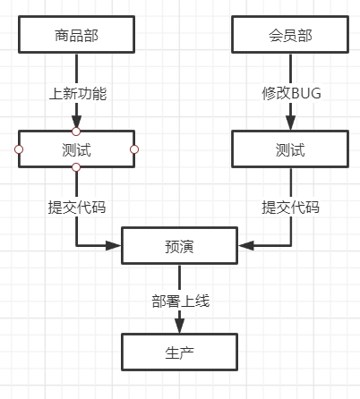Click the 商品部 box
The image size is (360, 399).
pos(76,35)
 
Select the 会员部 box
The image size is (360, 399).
pos(291,35)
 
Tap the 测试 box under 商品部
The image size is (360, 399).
pos(76,149)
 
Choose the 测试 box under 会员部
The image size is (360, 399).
pos(291,149)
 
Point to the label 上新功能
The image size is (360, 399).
pos(76,92)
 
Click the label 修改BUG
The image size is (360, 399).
pos(291,92)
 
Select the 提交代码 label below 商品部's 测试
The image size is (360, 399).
pos(76,207)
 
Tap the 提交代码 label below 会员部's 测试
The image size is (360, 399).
pos(291,207)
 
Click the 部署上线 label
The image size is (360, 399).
pos(179,301)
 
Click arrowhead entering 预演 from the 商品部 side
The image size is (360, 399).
pos(115,245)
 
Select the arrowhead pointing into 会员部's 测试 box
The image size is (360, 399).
pos(291,125)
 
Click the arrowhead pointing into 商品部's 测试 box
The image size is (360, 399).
pos(76,123)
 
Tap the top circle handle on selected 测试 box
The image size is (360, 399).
pos(76,132)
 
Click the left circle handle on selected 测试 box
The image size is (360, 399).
pos(18,149)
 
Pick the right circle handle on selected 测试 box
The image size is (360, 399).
pos(134,149)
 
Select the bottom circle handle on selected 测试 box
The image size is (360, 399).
pos(76,167)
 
